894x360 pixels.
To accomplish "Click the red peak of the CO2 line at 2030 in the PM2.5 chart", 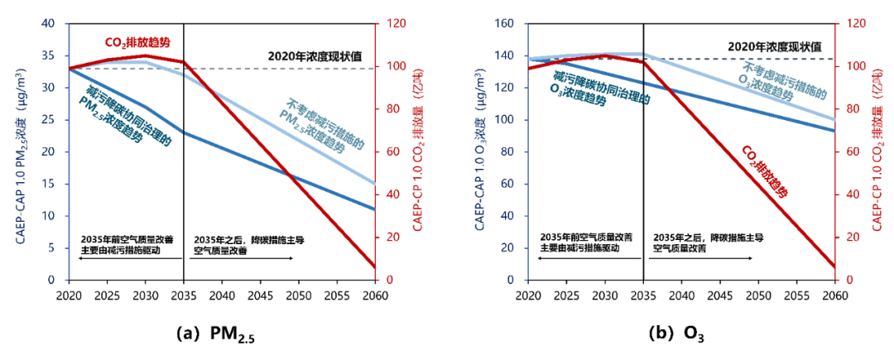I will (146, 55).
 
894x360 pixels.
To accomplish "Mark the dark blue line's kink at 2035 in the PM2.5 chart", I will (184, 132).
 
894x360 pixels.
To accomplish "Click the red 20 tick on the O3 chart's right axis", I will (846, 238).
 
